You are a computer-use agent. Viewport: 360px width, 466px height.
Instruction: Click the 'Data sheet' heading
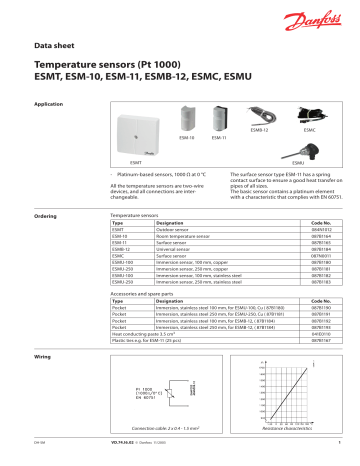pos(56,46)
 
